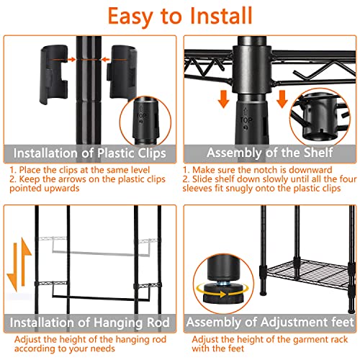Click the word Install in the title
pyautogui.click(x=221, y=16)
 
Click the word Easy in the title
pyautogui.click(x=130, y=17)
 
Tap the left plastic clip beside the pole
pyautogui.click(x=53, y=74)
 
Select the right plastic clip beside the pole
pyautogui.click(x=123, y=72)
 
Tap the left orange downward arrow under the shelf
pyautogui.click(x=224, y=99)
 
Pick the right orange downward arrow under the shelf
pyautogui.click(x=282, y=99)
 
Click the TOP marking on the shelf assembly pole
pyautogui.click(x=246, y=120)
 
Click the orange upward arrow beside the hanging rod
pyautogui.click(x=25, y=261)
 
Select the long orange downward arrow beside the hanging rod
pyautogui.click(x=14, y=267)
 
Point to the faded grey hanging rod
pyautogui.click(x=101, y=253)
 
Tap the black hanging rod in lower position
pyautogui.click(x=101, y=298)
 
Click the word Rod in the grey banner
pyautogui.click(x=158, y=323)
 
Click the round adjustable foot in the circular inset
pyautogui.click(x=223, y=292)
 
